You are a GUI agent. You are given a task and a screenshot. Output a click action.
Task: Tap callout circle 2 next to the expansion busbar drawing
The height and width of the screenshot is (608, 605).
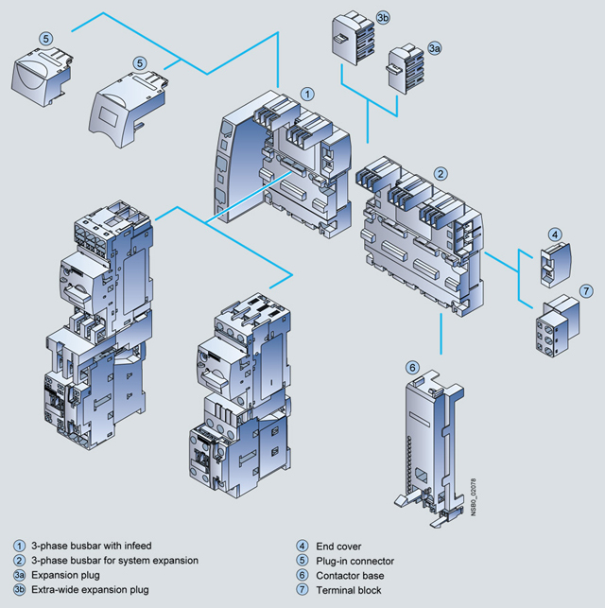(x=441, y=173)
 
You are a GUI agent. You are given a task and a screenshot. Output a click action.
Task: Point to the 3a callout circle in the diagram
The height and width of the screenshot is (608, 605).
(x=434, y=46)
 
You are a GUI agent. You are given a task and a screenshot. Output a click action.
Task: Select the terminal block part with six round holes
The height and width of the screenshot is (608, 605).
(x=558, y=323)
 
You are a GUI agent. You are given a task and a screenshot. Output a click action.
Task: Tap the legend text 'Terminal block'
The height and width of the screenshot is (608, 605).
(x=355, y=590)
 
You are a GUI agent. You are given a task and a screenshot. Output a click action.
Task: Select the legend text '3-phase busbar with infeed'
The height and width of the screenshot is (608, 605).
(x=91, y=546)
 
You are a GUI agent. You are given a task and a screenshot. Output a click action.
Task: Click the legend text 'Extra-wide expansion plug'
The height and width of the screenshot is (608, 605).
(x=90, y=590)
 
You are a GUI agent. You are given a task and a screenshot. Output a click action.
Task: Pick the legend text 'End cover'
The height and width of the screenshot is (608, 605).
(x=341, y=546)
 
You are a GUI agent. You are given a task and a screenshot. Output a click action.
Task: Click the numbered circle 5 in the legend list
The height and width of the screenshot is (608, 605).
(x=302, y=561)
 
